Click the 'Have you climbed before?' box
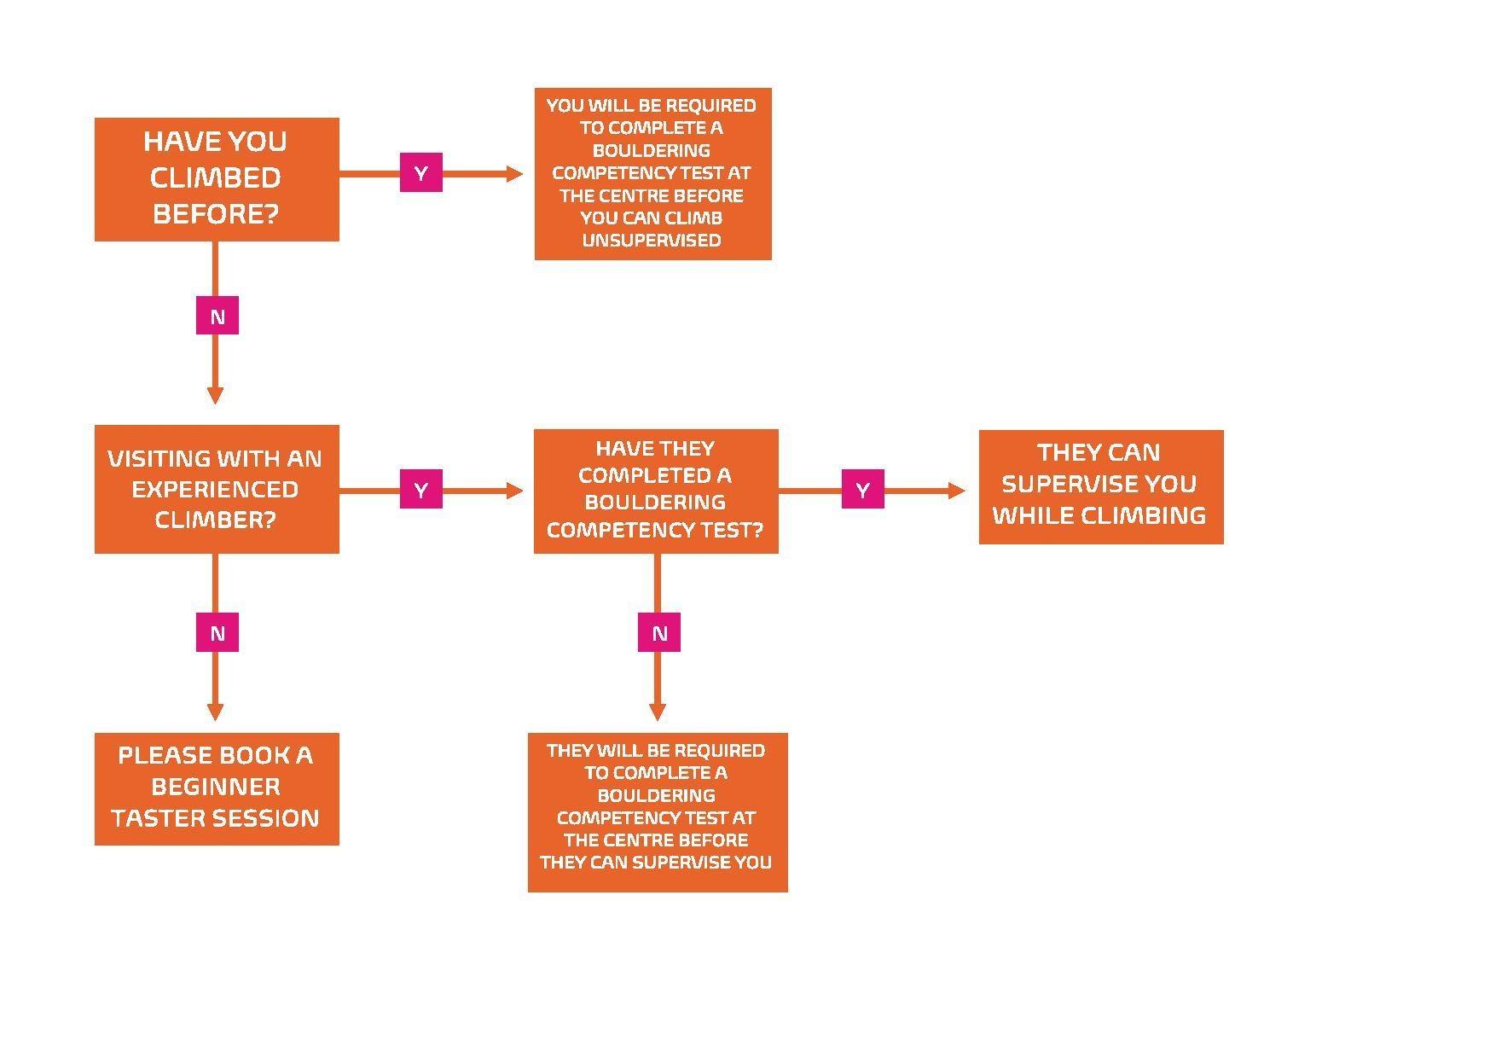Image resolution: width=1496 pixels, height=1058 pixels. (x=217, y=179)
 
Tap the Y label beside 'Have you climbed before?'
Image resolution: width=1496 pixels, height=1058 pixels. (x=421, y=173)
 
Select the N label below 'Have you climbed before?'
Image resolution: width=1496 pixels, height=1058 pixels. (x=217, y=317)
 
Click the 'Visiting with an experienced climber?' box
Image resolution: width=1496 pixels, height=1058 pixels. (x=217, y=489)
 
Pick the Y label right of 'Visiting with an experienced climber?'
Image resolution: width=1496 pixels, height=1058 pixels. (x=421, y=490)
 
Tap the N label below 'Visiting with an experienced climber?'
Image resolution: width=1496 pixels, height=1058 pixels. (x=217, y=633)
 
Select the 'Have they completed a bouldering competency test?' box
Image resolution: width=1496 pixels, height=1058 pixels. (x=655, y=491)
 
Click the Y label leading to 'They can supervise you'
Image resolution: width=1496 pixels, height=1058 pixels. (x=862, y=490)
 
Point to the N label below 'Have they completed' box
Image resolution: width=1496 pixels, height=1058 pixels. (x=658, y=633)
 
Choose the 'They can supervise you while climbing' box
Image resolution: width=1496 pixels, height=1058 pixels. (x=1100, y=486)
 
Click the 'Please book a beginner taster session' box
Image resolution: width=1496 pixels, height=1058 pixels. (x=217, y=788)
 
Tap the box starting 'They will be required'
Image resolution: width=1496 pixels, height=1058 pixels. (x=657, y=811)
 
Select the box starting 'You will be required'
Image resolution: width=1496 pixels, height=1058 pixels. (x=652, y=173)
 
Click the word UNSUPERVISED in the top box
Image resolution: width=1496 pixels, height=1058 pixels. (x=652, y=241)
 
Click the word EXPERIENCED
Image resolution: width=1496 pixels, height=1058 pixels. (x=215, y=490)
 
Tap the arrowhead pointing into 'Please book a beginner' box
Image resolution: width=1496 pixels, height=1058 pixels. (x=215, y=712)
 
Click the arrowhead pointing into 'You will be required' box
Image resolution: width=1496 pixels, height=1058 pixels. (x=514, y=174)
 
